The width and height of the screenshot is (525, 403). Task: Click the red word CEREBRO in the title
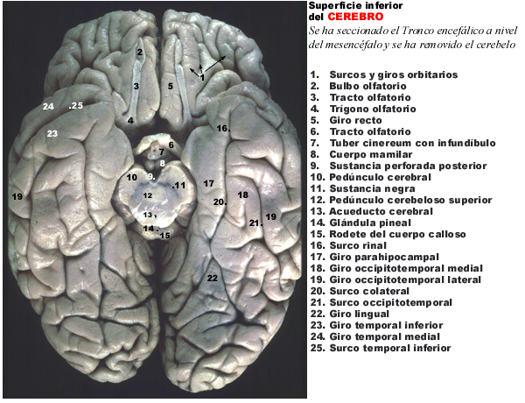[355, 17]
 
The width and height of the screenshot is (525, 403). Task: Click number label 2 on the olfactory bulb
[140, 52]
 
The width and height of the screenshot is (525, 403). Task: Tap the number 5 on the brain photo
[171, 86]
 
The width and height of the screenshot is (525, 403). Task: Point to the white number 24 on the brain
[48, 106]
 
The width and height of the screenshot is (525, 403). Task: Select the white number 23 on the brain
[52, 134]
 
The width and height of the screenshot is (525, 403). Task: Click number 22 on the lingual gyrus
[213, 278]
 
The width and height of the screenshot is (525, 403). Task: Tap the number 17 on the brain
[208, 183]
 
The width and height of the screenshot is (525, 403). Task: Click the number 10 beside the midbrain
[132, 177]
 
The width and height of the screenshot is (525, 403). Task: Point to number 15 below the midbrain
[164, 236]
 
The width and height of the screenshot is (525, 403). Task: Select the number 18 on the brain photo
[243, 194]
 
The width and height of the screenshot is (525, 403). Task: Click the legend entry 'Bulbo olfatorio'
[368, 86]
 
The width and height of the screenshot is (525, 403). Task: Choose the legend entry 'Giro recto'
[355, 120]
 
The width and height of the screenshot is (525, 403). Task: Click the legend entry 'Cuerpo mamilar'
[371, 154]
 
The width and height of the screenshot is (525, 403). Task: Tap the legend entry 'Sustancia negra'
[373, 188]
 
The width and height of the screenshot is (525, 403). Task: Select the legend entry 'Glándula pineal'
[370, 223]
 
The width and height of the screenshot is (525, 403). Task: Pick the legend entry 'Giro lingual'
[360, 315]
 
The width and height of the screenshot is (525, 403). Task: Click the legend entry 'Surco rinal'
[358, 246]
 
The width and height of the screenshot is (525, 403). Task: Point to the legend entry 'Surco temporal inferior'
[390, 349]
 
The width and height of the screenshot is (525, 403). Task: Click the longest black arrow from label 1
[215, 64]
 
